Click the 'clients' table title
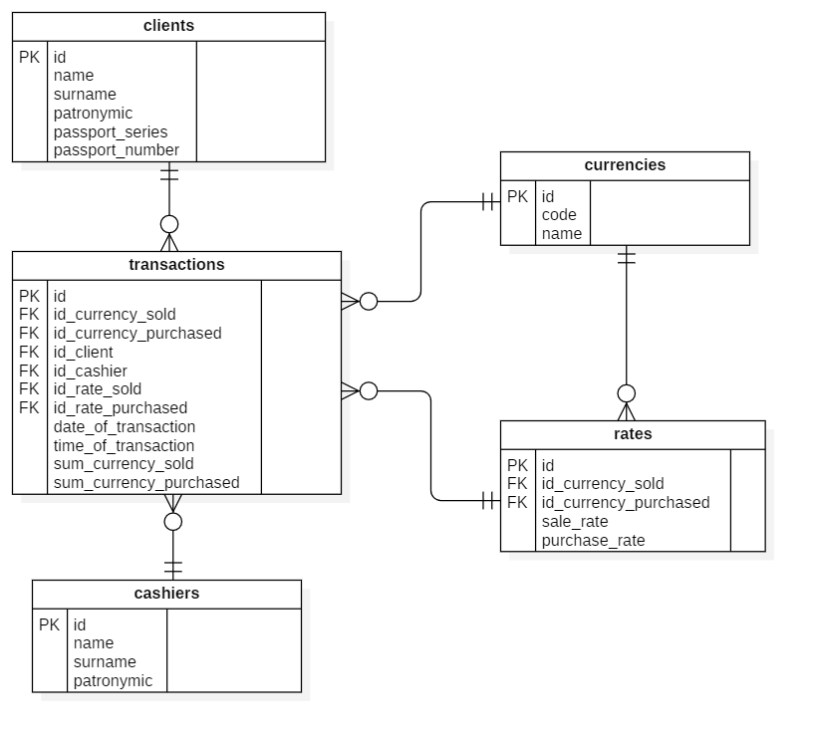[168, 26]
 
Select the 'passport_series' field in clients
[111, 132]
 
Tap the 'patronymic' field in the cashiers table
[113, 681]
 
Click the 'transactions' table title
[176, 265]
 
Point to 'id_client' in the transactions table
[84, 353]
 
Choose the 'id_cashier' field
[90, 371]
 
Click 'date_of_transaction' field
[125, 427]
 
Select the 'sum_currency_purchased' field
[146, 483]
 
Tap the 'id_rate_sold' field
[98, 389]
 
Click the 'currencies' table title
[625, 165]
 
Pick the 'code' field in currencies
[559, 215]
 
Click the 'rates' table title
[633, 434]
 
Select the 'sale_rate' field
[575, 522]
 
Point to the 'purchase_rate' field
[593, 541]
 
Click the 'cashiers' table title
[166, 594]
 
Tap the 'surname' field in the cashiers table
[105, 662]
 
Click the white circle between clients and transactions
[169, 224]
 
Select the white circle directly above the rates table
[627, 393]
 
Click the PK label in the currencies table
[517, 197]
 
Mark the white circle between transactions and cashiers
[173, 522]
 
